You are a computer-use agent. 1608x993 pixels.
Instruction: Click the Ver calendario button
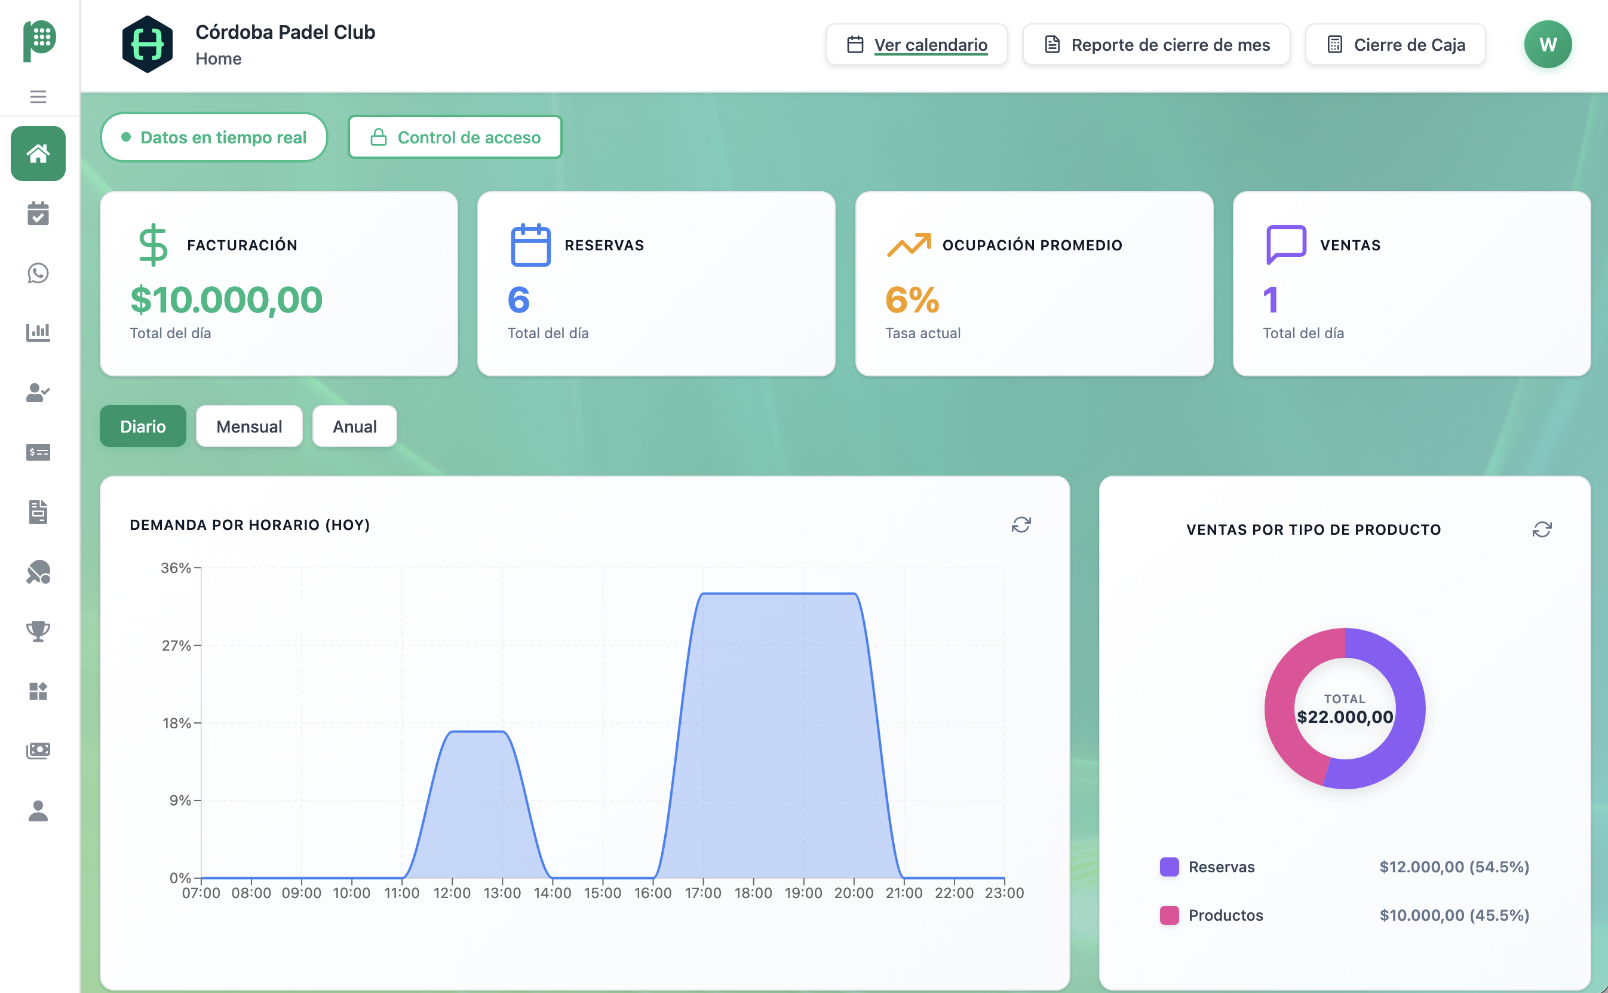(917, 45)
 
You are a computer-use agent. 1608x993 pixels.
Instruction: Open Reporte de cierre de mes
(1156, 45)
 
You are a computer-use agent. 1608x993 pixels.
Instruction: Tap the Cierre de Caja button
(1395, 45)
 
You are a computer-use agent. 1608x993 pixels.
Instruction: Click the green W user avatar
(1548, 45)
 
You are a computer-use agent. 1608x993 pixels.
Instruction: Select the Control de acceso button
(455, 137)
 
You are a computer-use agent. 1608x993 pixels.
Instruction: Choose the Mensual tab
(249, 426)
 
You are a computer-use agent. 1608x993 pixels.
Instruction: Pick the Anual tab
(355, 426)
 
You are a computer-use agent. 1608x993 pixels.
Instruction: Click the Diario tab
(143, 426)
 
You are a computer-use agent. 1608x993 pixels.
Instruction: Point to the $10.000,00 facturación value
(226, 300)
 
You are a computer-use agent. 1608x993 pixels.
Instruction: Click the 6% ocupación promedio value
(912, 300)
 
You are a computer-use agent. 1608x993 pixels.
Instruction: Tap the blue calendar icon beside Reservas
(530, 245)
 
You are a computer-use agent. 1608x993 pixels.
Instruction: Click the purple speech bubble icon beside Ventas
(1285, 244)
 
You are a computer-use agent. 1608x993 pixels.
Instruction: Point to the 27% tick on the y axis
(177, 646)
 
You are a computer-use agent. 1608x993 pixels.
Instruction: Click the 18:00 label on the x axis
(753, 893)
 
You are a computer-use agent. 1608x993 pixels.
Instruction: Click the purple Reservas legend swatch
(1170, 867)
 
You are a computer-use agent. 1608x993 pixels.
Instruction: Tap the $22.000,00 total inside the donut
(1345, 716)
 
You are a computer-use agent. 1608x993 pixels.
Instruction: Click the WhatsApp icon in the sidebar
(38, 273)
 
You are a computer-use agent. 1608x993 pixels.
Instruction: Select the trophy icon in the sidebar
(38, 631)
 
